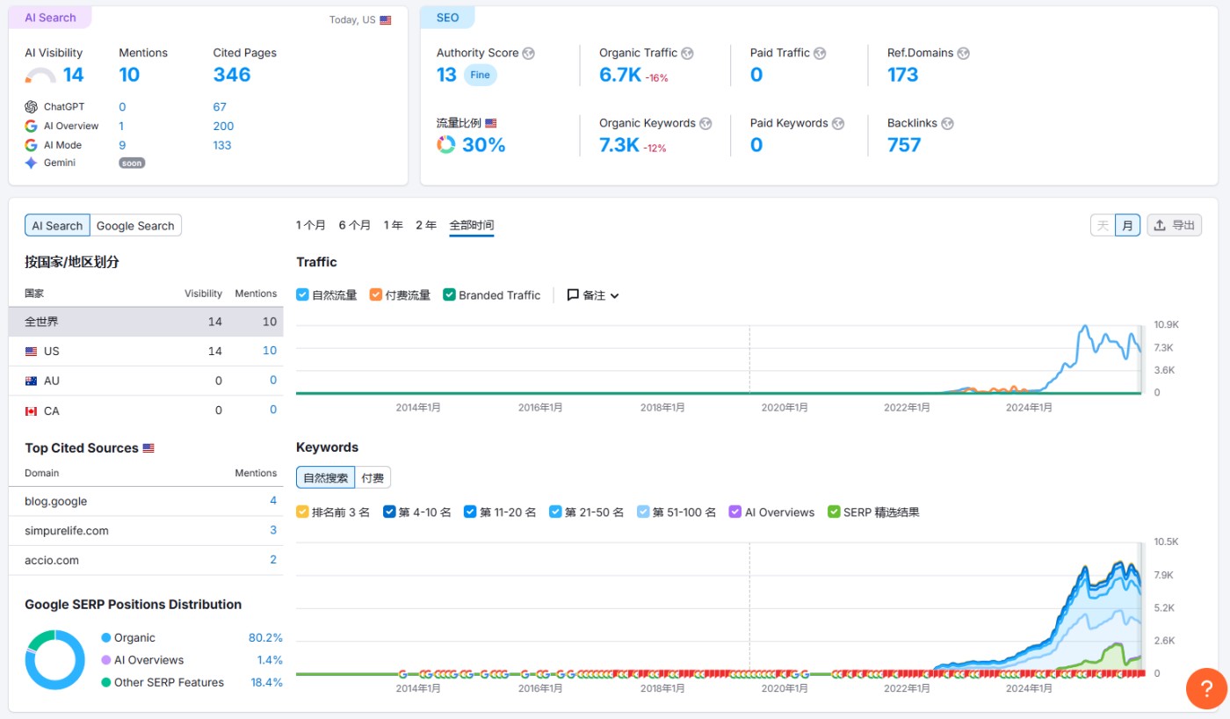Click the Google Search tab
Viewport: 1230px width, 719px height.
[135, 226]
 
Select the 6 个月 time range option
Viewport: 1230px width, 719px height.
[354, 225]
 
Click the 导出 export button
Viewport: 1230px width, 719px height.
[1174, 225]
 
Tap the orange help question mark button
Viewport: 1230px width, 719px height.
[1206, 688]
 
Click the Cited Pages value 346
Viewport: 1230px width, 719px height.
[232, 75]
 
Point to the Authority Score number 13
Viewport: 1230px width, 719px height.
[446, 75]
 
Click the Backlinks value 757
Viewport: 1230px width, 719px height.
[904, 145]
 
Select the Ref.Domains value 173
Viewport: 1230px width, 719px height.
[902, 75]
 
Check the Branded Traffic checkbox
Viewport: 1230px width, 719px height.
[449, 295]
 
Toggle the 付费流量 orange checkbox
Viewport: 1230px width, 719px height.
[376, 295]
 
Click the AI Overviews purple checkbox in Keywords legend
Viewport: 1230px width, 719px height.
[736, 512]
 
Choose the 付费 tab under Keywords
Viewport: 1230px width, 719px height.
[373, 478]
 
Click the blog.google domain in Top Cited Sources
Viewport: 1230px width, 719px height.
[56, 501]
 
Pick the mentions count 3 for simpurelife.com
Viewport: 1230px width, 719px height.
[273, 530]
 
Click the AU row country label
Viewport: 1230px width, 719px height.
[52, 381]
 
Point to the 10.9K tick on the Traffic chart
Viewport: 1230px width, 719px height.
[1166, 324]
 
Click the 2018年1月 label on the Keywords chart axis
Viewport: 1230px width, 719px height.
[662, 688]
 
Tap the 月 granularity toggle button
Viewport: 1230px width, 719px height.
[1127, 225]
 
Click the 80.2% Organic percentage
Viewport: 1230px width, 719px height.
[265, 637]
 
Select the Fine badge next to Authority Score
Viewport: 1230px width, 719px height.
[480, 75]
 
